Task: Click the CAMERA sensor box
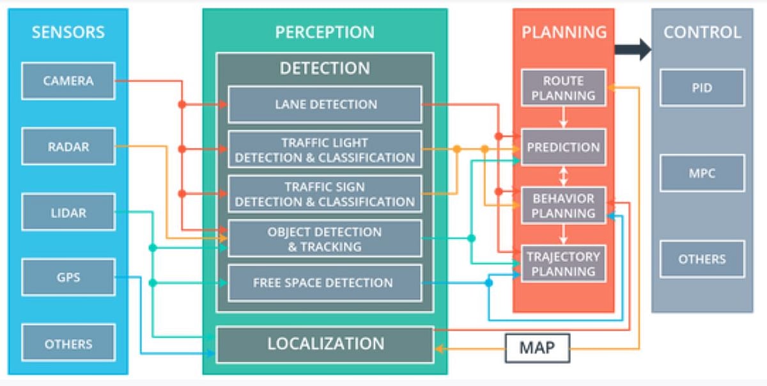[x=68, y=81]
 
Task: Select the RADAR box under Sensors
[x=68, y=147]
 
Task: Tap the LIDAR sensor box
[x=68, y=213]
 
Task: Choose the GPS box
[x=68, y=278]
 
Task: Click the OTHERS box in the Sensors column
[x=68, y=344]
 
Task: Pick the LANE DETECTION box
[x=325, y=104]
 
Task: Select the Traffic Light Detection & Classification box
[x=325, y=150]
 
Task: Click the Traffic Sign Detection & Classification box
[x=325, y=194]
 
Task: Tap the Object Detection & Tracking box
[x=325, y=239]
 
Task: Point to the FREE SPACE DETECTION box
[x=325, y=283]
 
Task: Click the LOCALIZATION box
[x=325, y=344]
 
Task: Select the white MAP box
[x=537, y=348]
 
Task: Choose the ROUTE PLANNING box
[x=563, y=88]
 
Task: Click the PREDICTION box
[x=563, y=147]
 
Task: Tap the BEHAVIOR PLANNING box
[x=563, y=205]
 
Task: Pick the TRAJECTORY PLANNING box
[x=563, y=264]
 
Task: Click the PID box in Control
[x=702, y=88]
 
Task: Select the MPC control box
[x=702, y=173]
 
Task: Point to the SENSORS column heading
[x=68, y=32]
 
